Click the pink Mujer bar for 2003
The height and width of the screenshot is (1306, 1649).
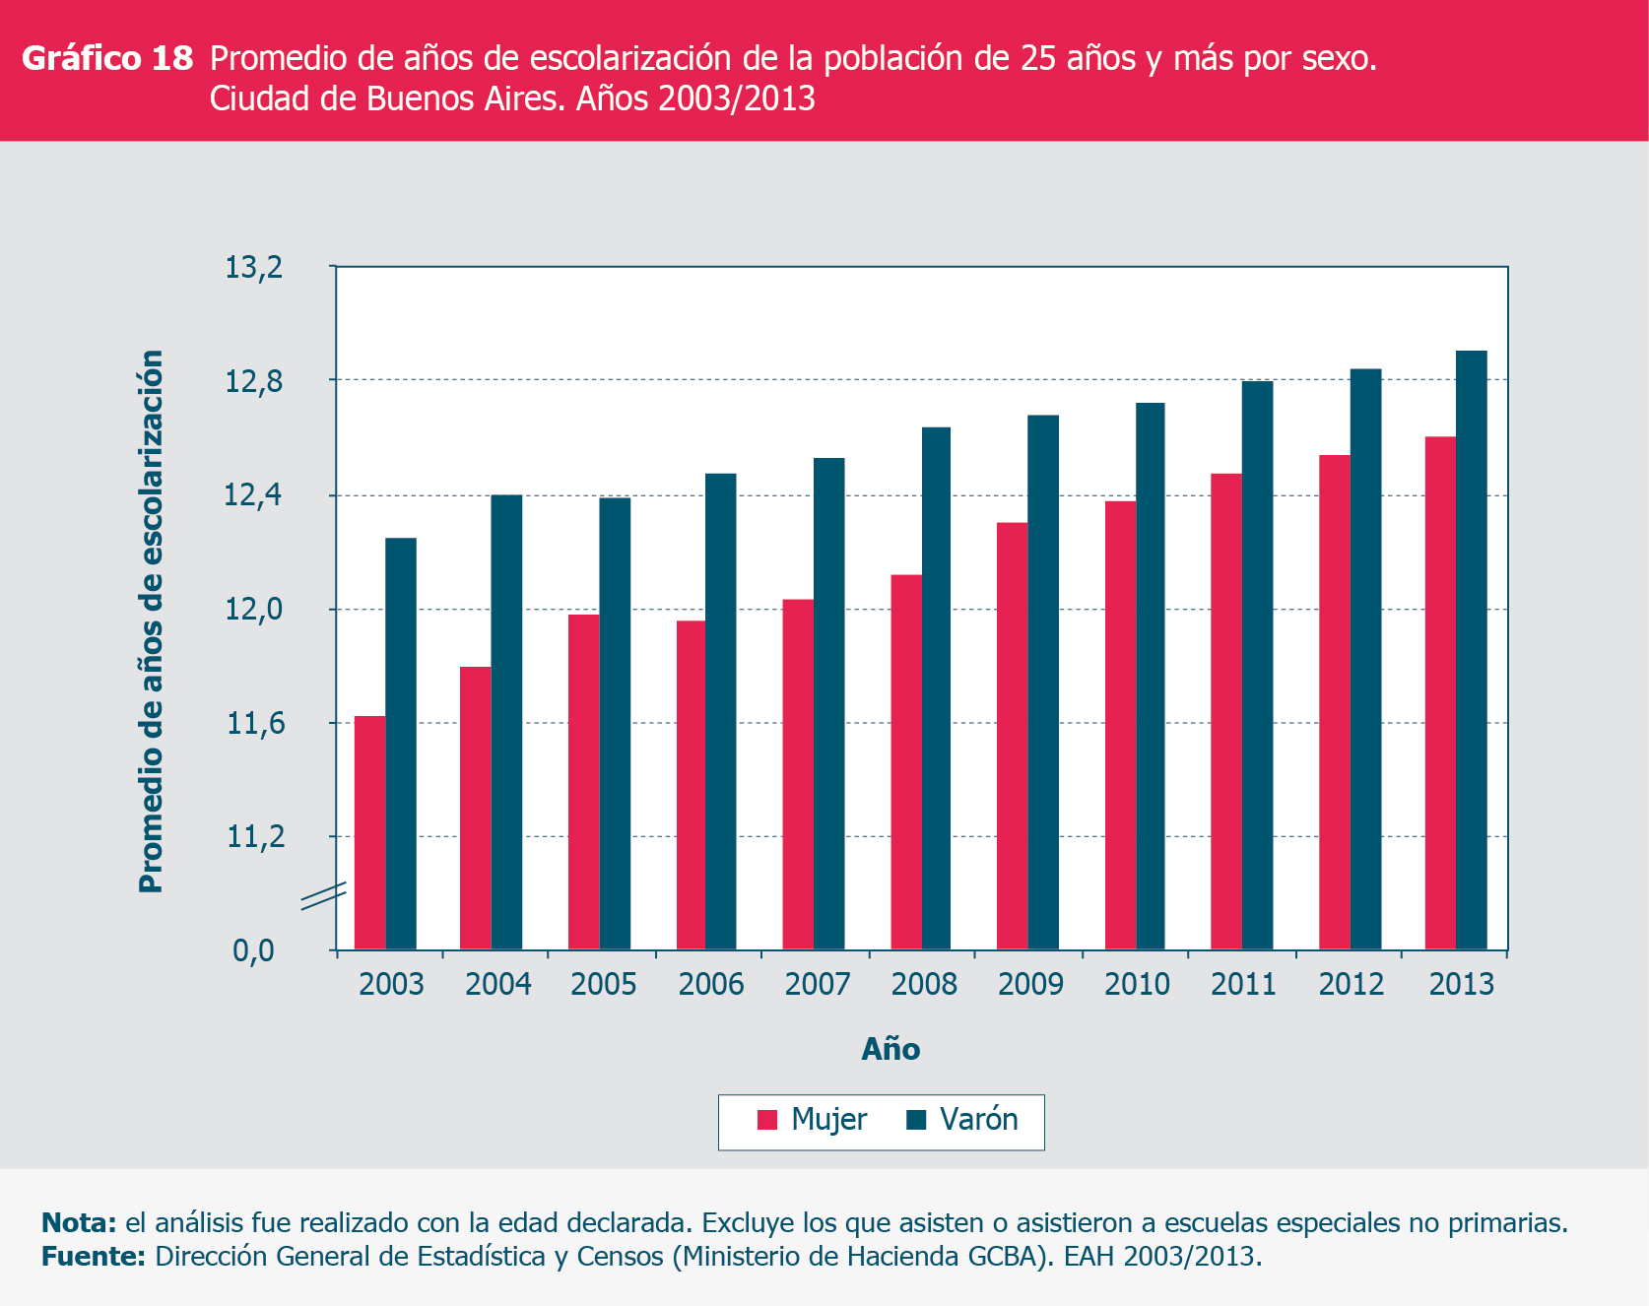(369, 832)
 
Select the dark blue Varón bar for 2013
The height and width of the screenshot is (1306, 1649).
(1472, 650)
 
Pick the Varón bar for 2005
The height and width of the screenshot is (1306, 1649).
(615, 724)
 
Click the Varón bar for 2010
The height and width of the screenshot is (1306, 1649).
(1150, 676)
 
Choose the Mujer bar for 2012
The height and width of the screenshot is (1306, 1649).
(1335, 702)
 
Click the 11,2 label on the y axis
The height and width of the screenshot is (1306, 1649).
(255, 837)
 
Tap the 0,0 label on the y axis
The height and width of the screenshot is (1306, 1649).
(253, 951)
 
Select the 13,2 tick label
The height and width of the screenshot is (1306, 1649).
(253, 267)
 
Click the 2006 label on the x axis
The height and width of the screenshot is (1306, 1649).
(711, 984)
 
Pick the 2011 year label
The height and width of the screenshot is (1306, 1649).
(1243, 984)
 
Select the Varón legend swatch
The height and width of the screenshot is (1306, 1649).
(916, 1120)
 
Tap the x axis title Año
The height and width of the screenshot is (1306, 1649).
(890, 1049)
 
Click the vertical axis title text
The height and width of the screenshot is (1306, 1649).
(151, 620)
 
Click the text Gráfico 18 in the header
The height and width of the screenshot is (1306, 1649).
(107, 59)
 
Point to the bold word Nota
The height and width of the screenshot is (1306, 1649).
(79, 1223)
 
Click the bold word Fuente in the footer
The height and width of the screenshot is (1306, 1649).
(93, 1257)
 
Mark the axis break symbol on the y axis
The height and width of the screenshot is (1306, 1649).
(323, 896)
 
